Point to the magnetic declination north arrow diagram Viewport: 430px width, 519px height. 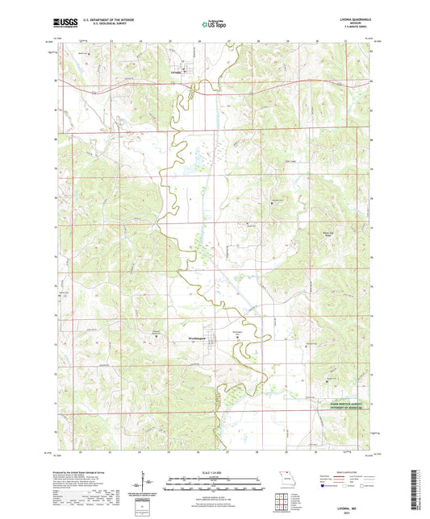141,484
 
